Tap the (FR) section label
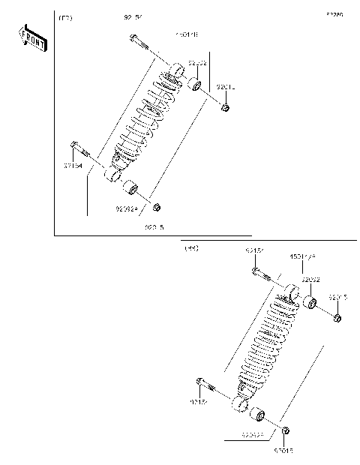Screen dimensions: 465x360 point(66,16)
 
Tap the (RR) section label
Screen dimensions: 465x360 point(190,247)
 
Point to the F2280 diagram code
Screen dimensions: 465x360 point(334,14)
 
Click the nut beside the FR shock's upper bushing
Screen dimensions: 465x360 point(224,108)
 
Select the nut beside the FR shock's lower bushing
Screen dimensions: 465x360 point(157,206)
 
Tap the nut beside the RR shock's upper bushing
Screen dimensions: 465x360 point(337,319)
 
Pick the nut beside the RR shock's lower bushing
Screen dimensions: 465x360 point(286,430)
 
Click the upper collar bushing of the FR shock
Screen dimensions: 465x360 point(193,82)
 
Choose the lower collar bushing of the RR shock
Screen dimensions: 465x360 point(257,414)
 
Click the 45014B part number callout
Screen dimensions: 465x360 point(187,34)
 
